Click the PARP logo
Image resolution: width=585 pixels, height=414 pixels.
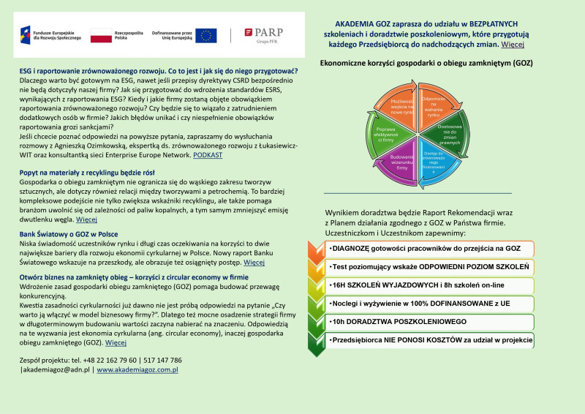pos(263,34)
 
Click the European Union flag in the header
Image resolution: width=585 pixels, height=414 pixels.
pos(206,34)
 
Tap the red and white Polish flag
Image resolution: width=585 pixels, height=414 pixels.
pos(100,35)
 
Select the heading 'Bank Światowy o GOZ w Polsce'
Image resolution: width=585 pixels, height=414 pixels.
pos(69,233)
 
